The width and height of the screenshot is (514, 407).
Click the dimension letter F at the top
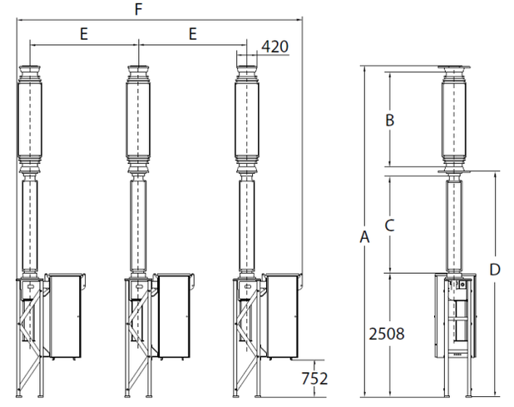[139, 9]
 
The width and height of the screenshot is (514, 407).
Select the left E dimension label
[84, 34]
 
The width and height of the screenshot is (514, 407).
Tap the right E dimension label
[193, 34]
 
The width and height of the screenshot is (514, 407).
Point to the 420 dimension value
[275, 47]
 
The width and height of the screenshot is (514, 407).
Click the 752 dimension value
[314, 379]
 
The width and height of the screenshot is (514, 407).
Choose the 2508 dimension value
[387, 334]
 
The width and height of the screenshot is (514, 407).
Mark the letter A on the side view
[364, 236]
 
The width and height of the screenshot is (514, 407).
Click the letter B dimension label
[390, 120]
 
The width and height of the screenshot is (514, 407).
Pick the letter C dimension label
[389, 226]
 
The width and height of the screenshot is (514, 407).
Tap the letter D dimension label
[495, 270]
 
